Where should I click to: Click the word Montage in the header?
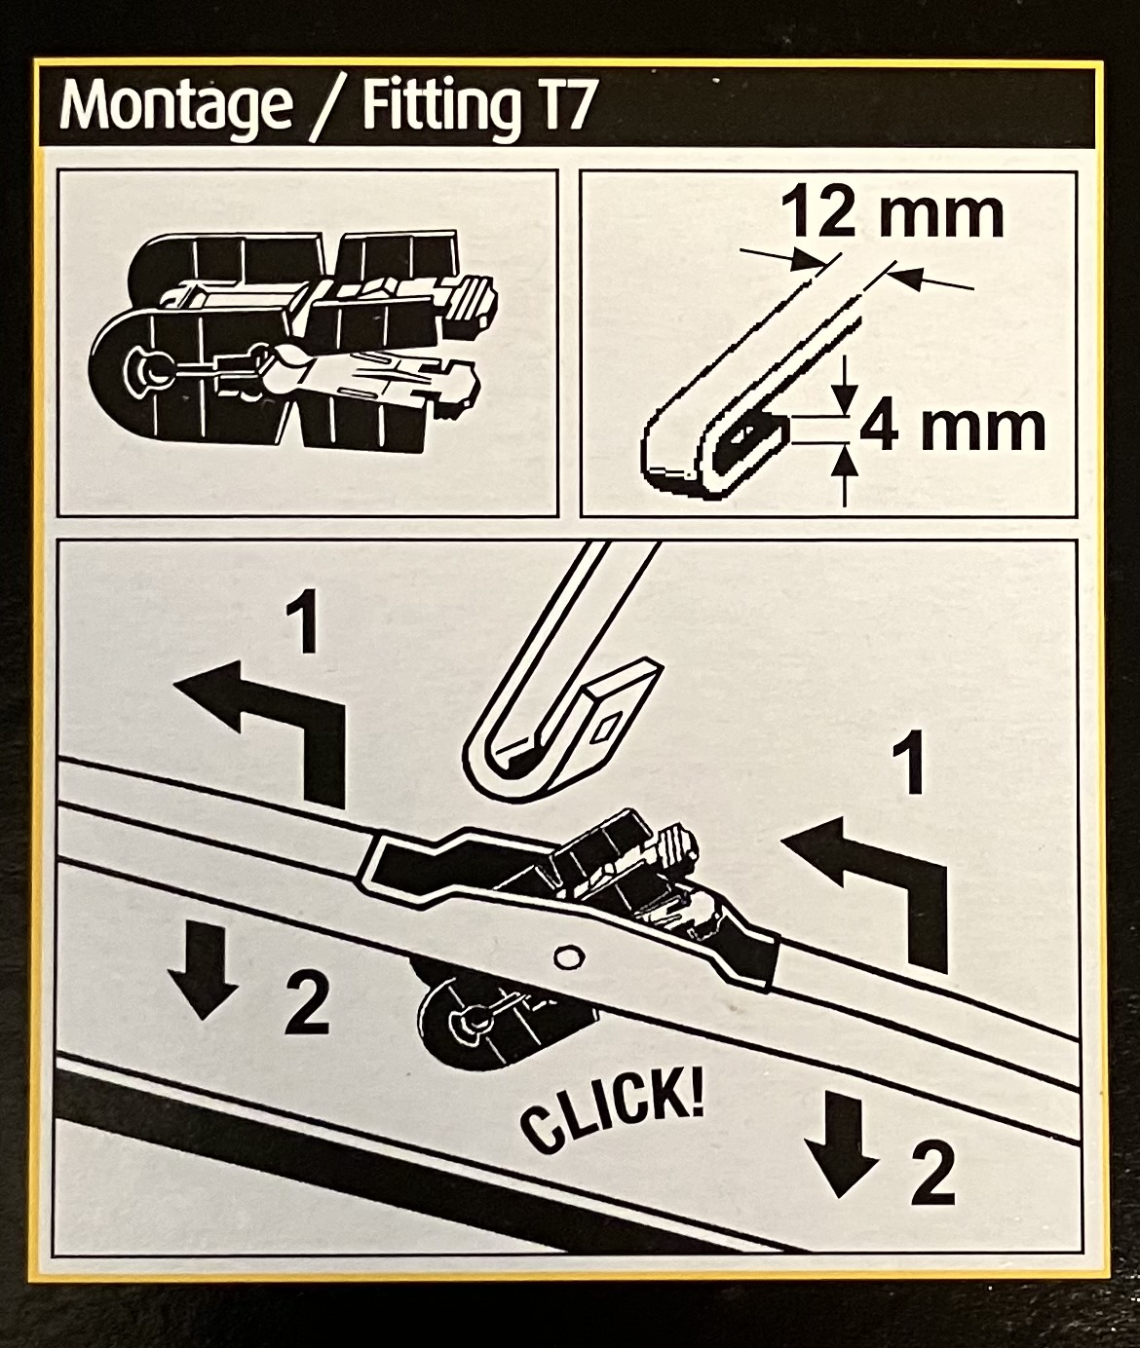(175, 106)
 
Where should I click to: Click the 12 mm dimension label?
(892, 214)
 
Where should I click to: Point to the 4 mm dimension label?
(952, 429)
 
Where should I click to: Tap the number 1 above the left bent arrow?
(302, 626)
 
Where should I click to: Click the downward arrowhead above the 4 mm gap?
(847, 397)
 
